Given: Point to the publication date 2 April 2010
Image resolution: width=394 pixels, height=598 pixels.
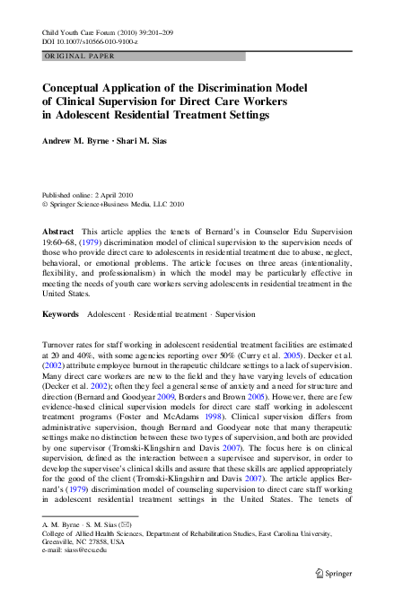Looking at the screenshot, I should point(116,194).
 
